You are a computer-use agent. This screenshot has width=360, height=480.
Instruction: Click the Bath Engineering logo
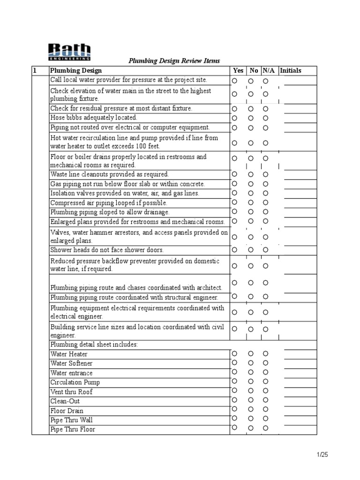[69, 52]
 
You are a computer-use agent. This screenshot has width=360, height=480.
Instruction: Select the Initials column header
[291, 71]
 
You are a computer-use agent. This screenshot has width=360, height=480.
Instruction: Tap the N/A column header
[268, 71]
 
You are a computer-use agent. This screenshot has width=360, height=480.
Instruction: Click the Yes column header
[238, 71]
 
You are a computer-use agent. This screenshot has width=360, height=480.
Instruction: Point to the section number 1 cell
[34, 71]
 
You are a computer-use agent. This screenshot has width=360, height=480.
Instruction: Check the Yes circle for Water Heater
[234, 353]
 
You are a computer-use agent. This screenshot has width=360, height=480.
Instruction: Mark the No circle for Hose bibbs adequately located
[251, 118]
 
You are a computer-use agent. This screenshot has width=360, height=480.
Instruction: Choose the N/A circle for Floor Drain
[265, 409]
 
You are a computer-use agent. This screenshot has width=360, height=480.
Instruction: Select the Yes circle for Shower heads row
[234, 249]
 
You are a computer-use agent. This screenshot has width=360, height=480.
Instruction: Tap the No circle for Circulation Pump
[251, 381]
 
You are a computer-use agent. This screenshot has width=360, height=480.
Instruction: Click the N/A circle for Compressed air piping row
[265, 202]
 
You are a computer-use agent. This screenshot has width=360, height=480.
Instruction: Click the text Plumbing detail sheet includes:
[94, 345]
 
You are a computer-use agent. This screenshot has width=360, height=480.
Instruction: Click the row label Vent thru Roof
[72, 392]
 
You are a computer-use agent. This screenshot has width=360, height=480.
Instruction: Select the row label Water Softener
[72, 364]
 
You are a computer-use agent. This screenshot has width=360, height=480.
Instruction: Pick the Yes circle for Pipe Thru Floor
[234, 427]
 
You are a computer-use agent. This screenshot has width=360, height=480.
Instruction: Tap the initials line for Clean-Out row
[300, 404]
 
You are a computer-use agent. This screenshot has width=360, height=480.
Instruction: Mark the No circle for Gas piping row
[251, 184]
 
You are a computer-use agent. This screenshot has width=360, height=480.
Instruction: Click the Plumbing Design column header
[75, 71]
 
